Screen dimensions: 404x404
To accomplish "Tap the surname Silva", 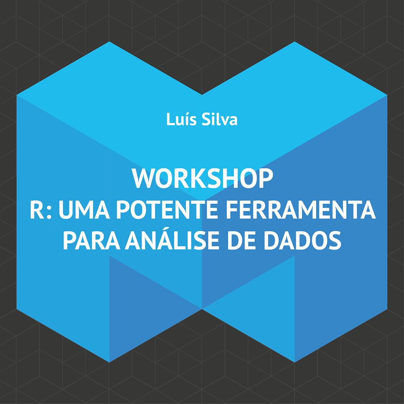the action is tap(220, 119).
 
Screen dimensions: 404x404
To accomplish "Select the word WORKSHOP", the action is tap(202, 178).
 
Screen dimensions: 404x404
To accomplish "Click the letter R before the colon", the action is tap(37, 210).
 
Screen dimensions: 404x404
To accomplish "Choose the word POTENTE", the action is tap(168, 210).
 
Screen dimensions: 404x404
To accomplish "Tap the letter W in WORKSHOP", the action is tap(144, 178).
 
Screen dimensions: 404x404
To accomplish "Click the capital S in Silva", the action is tap(206, 119).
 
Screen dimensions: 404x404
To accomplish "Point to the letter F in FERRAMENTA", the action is tap(234, 210).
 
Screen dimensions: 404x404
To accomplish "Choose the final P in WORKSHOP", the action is tap(266, 178).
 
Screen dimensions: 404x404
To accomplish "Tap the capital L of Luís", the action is tap(170, 119).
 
